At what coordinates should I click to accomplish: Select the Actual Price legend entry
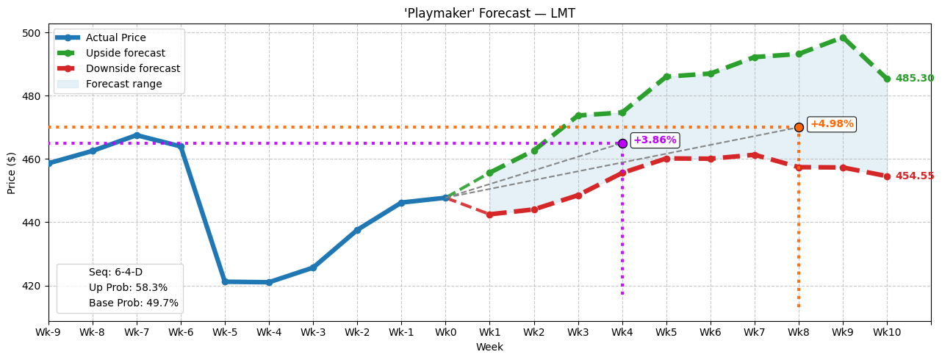[x=115, y=38]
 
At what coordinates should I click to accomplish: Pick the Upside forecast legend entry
[x=125, y=54]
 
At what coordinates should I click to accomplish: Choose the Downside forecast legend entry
[x=132, y=69]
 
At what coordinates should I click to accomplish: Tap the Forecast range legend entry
[x=123, y=84]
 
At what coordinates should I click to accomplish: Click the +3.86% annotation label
[x=654, y=140]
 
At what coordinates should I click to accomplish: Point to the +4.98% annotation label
[x=831, y=124]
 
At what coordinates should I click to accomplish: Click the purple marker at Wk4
[x=622, y=143]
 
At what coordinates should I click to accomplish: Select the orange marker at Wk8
[x=799, y=127]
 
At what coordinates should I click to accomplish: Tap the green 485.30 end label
[x=914, y=79]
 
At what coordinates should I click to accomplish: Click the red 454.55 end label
[x=914, y=176]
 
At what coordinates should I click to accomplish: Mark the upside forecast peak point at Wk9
[x=843, y=37]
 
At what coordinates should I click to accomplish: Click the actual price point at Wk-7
[x=137, y=135]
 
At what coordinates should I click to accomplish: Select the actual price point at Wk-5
[x=225, y=281]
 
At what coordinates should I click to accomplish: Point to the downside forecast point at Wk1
[x=489, y=215]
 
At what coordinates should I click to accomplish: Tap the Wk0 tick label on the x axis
[x=445, y=333]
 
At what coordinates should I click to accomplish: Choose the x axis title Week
[x=489, y=348]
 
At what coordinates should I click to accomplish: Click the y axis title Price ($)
[x=12, y=173]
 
